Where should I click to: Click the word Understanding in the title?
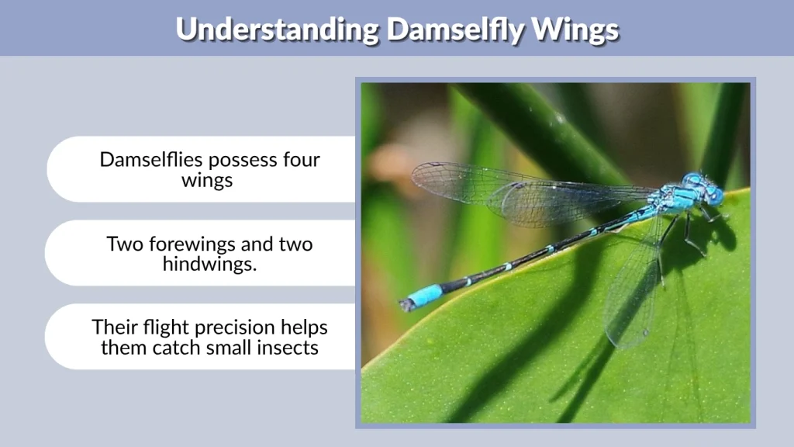tap(277, 29)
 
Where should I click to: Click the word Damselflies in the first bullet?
tap(149, 160)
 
